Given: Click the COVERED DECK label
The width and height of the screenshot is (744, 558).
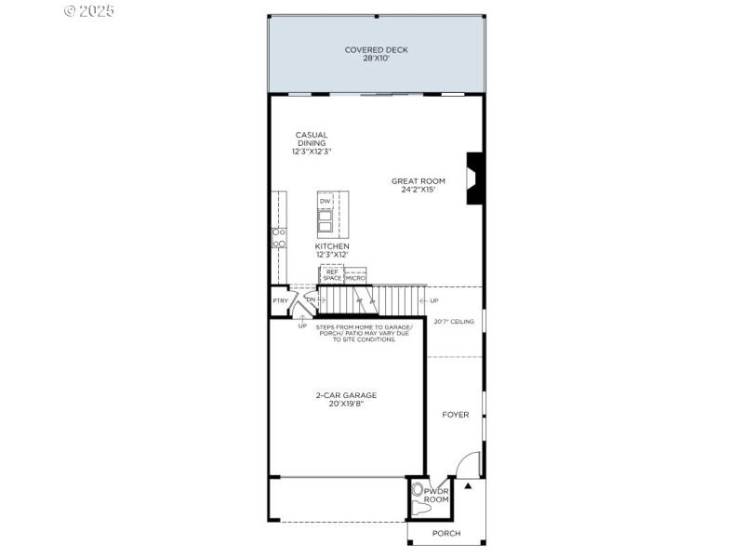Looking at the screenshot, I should [376, 50].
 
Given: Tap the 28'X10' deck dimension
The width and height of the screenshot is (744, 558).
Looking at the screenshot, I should [376, 59].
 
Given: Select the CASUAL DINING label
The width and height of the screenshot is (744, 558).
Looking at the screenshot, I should [312, 139].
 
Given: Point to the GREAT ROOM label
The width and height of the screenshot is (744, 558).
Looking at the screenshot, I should [418, 181].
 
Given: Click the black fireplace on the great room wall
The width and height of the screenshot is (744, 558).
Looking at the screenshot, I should [475, 178].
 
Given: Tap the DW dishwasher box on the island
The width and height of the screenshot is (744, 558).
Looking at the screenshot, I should [325, 201].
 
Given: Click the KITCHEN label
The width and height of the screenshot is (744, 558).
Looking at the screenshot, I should [331, 246].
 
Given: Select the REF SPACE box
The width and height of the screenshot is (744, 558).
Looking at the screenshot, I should [332, 275].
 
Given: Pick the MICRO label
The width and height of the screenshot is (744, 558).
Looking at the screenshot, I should [355, 278].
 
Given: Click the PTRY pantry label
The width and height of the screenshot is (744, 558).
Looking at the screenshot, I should [279, 300].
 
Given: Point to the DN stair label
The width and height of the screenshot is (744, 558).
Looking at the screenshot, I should [311, 299].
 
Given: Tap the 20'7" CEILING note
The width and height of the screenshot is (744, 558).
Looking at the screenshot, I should [454, 322].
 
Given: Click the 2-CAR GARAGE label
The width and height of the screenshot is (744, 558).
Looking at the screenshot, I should [345, 395].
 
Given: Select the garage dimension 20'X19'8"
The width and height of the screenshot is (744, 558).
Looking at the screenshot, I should [345, 404].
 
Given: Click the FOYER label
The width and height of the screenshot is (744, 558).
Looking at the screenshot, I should [455, 415].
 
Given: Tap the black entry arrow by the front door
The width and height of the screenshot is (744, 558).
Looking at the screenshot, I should [469, 485].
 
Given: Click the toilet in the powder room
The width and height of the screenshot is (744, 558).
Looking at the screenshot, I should [418, 489].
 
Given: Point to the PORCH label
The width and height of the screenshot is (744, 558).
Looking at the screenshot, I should [445, 533].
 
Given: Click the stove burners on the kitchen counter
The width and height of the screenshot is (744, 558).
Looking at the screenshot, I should [277, 237].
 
